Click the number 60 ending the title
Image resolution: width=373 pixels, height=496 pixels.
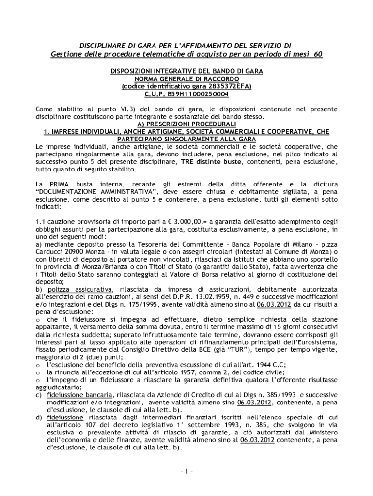[317, 54]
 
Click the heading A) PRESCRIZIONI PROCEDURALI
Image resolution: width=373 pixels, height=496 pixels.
[186, 124]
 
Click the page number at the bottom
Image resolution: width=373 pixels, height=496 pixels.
[186, 472]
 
